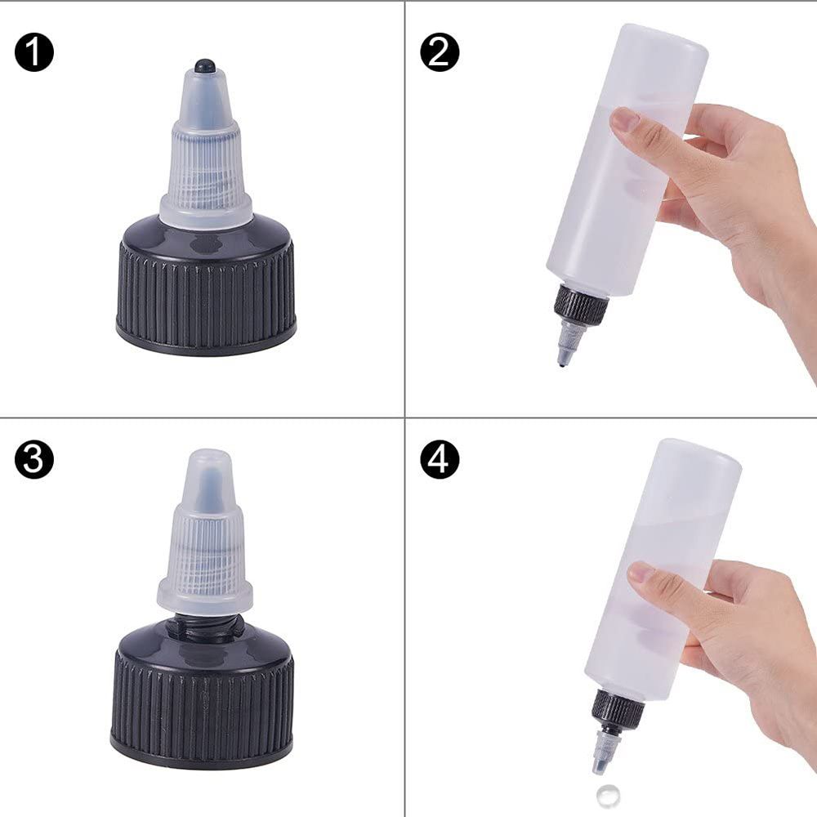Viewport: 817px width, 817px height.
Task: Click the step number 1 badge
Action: point(33,54)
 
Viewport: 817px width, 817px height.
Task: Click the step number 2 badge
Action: point(440,54)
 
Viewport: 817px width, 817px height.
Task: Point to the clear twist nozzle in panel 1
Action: point(205,163)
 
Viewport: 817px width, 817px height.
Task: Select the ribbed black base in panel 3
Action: point(202,703)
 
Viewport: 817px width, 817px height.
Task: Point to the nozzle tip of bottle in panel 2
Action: point(564,359)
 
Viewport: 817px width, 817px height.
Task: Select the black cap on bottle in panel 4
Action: point(617,708)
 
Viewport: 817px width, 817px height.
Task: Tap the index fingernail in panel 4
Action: point(642,572)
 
